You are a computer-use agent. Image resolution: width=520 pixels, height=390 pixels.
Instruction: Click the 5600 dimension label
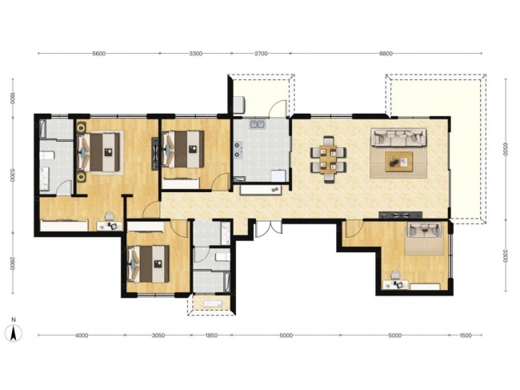99,54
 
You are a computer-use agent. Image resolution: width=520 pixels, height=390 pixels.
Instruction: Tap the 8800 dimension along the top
386,54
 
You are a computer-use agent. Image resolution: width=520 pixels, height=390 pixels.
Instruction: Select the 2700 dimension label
261,54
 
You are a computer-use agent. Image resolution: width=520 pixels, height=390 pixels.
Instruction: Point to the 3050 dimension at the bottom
158,336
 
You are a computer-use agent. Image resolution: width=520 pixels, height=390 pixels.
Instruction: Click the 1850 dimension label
211,336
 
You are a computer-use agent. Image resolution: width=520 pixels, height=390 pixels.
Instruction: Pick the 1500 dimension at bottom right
466,336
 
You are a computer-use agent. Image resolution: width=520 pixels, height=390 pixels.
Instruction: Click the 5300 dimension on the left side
12,175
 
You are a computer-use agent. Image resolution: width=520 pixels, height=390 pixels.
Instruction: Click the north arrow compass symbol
14,332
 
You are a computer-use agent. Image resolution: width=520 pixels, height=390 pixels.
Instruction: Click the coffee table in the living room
399,162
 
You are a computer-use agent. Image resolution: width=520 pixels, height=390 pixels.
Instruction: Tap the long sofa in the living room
398,137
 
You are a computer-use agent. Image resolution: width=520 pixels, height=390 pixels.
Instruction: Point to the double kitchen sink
258,124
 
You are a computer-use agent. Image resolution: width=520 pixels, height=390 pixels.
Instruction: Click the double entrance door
269,229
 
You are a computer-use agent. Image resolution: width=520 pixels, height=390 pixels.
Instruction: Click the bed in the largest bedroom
98,152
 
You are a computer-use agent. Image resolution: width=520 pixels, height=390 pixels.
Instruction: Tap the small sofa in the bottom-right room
425,230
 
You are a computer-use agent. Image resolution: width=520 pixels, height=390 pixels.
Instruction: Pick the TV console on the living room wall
401,215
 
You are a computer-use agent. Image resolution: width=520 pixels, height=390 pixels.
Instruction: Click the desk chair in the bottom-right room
394,275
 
